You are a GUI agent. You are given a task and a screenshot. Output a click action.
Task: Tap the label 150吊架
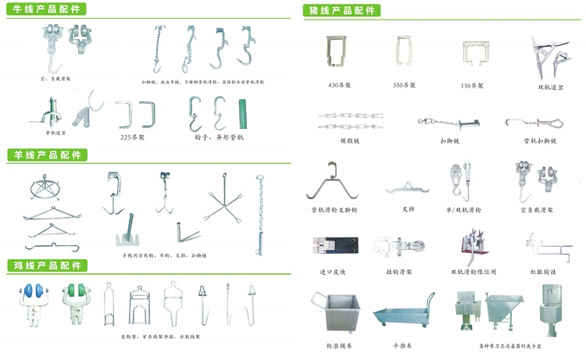pyautogui.click(x=473, y=85)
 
